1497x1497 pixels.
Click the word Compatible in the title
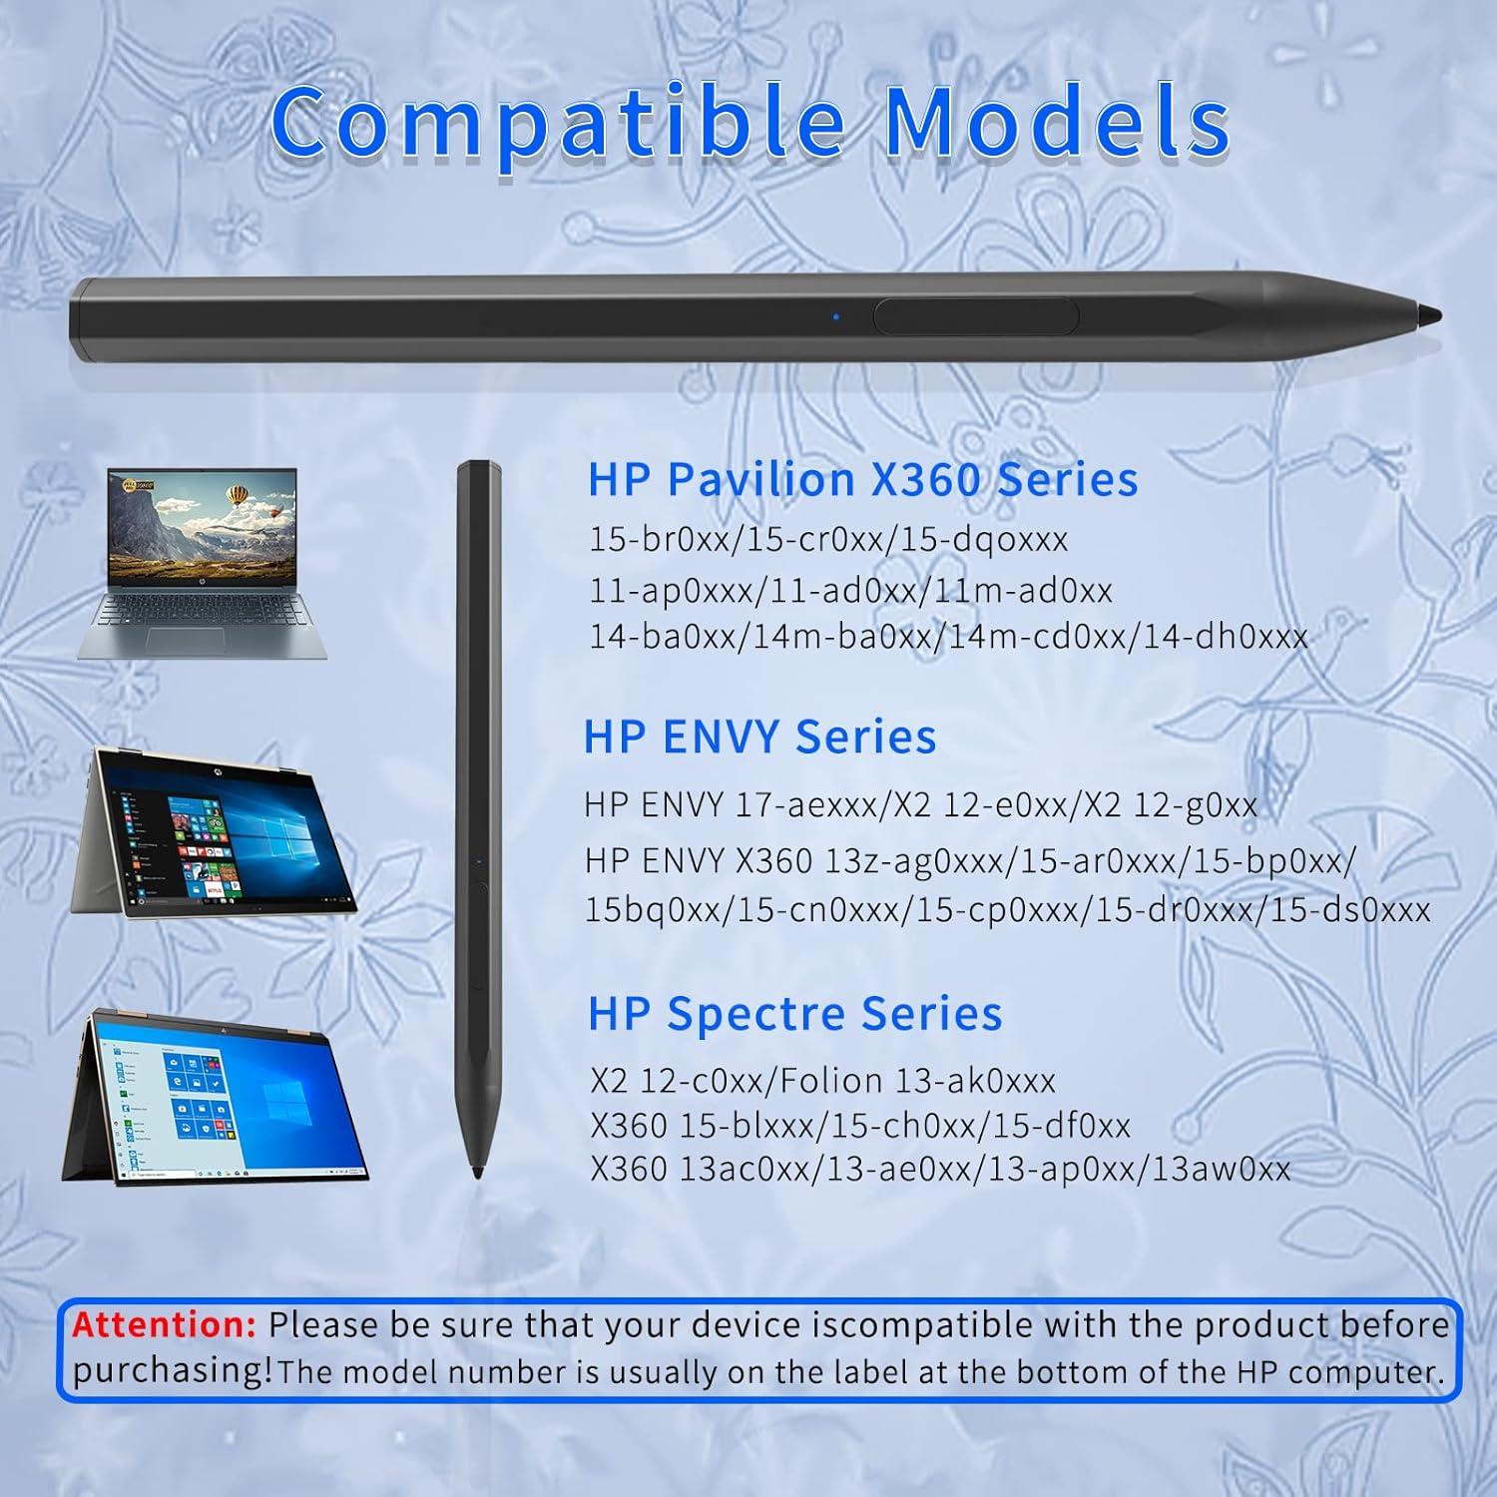[x=559, y=123]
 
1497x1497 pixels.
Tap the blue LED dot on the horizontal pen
[x=835, y=317]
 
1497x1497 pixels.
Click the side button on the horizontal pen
[x=976, y=316]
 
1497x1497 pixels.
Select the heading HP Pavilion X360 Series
[x=862, y=479]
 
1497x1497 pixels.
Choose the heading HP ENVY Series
[x=759, y=737]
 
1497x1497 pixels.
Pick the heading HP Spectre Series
[x=794, y=1014]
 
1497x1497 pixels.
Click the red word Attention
[x=165, y=1324]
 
